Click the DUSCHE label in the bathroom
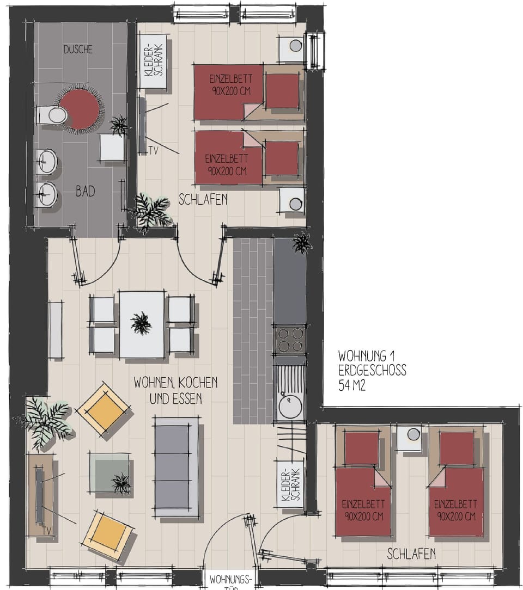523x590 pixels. [78, 50]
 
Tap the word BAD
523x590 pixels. [85, 191]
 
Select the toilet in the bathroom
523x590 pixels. [52, 115]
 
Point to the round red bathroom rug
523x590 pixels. [80, 109]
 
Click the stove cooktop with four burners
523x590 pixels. [289, 340]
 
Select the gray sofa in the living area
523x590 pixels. [175, 466]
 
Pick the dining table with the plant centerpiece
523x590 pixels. [142, 324]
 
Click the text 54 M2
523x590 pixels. [352, 386]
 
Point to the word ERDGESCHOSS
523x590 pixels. [372, 371]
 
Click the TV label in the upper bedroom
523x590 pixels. [153, 151]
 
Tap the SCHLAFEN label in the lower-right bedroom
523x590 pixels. [411, 554]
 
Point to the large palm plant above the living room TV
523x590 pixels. [44, 421]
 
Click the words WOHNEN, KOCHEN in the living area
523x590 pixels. [175, 382]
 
